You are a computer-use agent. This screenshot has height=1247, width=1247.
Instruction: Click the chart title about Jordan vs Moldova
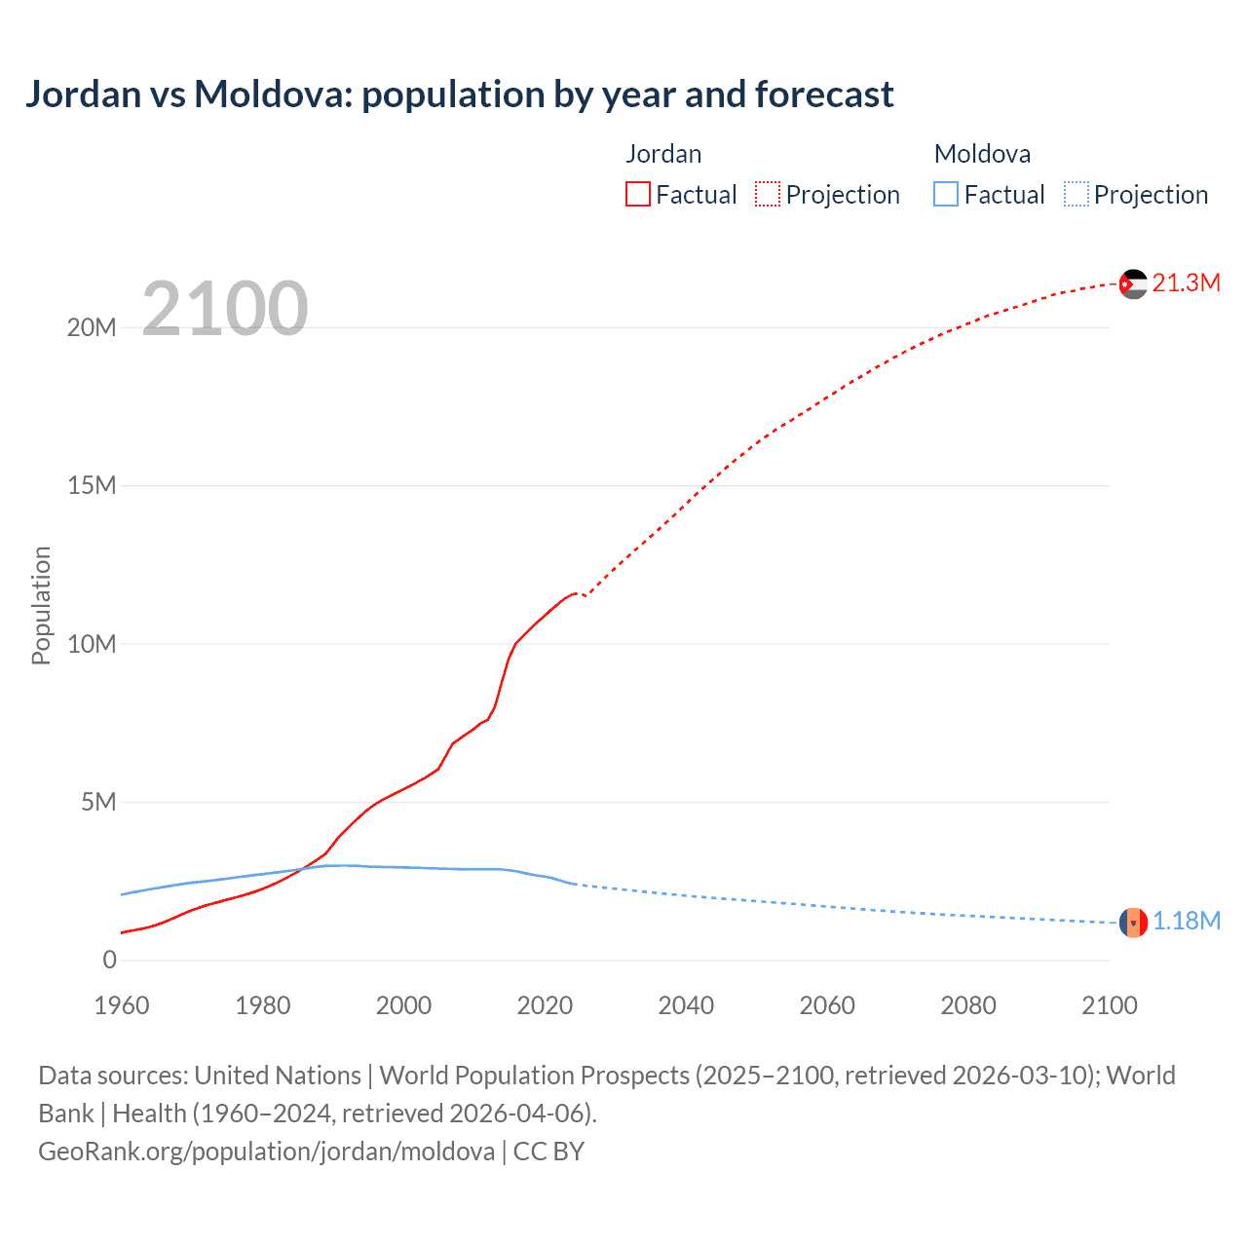459,94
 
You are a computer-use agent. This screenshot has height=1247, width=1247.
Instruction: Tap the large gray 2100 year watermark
225,309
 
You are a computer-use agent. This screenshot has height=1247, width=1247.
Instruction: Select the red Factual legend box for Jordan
638,195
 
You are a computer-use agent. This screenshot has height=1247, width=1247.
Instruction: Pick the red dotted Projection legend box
768,195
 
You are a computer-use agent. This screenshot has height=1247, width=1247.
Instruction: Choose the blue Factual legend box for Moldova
946,195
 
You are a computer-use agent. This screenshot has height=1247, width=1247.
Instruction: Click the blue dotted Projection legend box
1077,195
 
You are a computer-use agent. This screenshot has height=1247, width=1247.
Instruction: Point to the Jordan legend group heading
663,154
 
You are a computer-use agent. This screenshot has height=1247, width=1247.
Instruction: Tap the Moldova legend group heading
982,154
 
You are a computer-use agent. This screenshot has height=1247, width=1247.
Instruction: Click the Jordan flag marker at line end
1133,283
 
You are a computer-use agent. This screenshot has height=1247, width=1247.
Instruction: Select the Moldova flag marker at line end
1133,922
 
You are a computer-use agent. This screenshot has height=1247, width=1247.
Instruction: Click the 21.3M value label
1186,283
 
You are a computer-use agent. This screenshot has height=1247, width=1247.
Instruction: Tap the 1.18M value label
1187,922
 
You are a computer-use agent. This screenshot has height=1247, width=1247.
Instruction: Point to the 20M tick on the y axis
92,327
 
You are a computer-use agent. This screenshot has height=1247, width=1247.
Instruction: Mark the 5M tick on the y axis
98,802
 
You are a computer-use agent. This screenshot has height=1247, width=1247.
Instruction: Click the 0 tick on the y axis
109,961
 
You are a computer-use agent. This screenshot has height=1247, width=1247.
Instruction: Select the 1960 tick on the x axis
122,1005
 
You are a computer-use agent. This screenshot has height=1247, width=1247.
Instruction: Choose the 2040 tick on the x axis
686,1005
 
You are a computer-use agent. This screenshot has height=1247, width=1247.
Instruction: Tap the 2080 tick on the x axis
968,1005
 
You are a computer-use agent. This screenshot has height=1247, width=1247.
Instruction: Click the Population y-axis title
41,605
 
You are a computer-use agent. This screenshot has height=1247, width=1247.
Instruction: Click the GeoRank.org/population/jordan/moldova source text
266,1152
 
